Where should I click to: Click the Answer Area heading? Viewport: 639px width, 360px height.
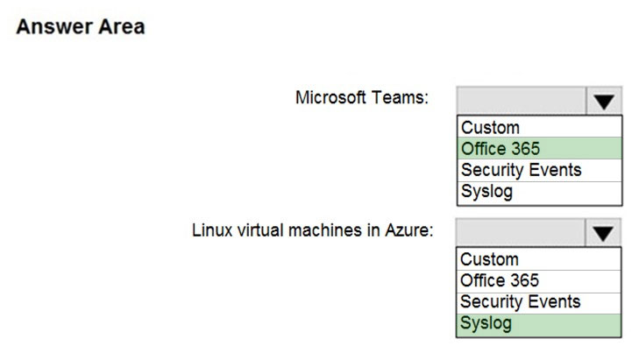tap(81, 27)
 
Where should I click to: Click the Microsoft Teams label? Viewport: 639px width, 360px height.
tap(362, 98)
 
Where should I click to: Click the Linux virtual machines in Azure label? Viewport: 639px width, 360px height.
tap(313, 230)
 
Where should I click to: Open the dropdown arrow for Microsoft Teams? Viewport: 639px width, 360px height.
tap(604, 101)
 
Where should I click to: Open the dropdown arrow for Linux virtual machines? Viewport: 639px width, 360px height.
tap(603, 233)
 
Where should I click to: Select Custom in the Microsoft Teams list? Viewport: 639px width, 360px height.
tap(490, 128)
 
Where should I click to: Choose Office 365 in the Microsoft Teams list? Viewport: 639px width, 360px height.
tap(501, 149)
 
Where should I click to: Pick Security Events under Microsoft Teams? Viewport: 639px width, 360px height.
tap(522, 170)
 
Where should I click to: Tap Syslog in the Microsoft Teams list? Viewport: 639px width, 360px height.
tap(486, 192)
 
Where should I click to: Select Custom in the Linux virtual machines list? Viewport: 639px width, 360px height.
tap(489, 259)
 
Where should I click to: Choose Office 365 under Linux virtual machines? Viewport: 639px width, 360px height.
tap(500, 280)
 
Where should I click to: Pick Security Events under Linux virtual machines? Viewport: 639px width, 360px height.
tap(521, 302)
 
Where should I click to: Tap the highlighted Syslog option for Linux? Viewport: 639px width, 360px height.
tap(486, 323)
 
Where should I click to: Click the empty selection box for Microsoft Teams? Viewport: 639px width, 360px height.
tap(522, 101)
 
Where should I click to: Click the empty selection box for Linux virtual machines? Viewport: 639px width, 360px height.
tap(521, 232)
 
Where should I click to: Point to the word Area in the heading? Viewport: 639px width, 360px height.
tap(122, 27)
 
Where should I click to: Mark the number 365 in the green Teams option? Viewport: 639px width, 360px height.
tap(526, 149)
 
